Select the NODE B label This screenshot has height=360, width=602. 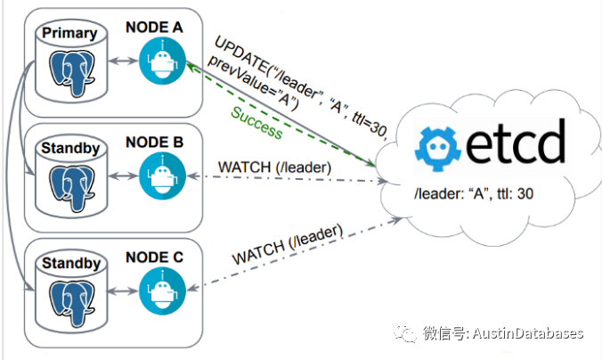click(x=154, y=142)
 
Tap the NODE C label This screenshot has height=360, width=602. click(x=154, y=258)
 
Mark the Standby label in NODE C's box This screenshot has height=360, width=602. click(x=69, y=264)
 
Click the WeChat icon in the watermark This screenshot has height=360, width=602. click(x=406, y=333)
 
